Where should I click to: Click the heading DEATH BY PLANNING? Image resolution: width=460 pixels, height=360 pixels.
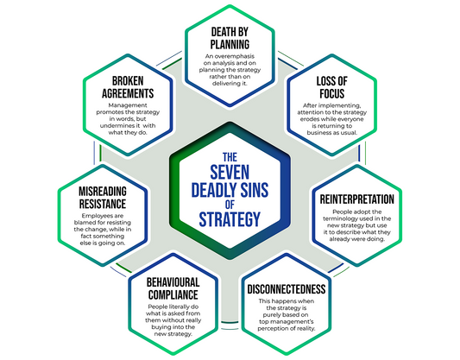tap(230, 38)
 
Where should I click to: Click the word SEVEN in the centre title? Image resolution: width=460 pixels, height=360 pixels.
tap(230, 173)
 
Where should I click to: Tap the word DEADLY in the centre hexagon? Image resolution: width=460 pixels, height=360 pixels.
tap(230, 190)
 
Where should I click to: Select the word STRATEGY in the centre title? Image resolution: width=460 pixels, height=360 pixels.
tap(230, 220)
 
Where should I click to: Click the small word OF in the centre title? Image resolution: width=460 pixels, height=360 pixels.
tap(230, 205)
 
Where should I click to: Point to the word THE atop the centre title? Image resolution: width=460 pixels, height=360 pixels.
tap(230, 157)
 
